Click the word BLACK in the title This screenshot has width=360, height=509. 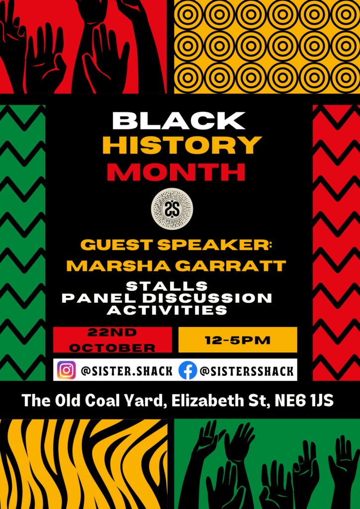click(180, 121)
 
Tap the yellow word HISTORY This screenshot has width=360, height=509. click(182, 146)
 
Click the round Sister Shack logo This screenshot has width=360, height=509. click(172, 209)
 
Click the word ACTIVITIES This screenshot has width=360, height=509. click(167, 310)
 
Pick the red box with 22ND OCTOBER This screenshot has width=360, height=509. click(113, 339)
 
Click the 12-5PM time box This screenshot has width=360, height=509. click(238, 339)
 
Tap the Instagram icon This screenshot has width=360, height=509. click(66, 370)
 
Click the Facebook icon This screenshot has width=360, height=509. click(187, 370)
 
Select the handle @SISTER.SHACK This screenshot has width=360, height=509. click(127, 371)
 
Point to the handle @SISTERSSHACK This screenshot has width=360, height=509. click(247, 371)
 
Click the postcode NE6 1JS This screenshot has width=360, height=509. click(304, 401)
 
